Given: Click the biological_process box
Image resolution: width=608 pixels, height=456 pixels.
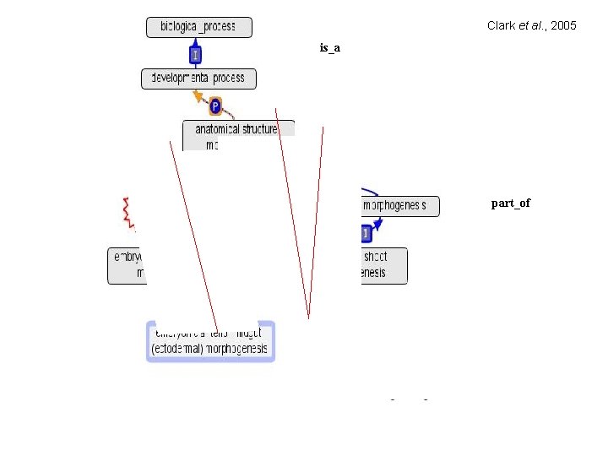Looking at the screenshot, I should tap(198, 27).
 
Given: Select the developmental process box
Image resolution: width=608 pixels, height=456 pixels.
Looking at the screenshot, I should tap(198, 79).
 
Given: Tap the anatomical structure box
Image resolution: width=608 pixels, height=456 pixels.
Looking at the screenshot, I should tap(239, 135).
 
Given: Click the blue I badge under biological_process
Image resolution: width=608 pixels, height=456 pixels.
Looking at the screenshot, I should tap(195, 55).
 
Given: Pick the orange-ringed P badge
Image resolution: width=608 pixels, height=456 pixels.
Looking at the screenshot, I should tap(215, 106).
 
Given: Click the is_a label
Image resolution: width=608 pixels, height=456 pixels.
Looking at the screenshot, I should tap(329, 48).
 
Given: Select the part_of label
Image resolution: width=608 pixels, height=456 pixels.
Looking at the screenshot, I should tap(511, 204).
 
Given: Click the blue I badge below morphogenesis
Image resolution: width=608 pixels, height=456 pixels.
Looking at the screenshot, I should tap(366, 232).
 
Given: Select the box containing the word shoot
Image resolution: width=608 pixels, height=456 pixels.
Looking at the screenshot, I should tap(383, 265).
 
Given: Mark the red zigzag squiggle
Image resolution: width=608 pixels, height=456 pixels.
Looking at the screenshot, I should tap(128, 213).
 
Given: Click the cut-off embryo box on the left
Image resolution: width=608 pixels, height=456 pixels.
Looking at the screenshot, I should tap(127, 265).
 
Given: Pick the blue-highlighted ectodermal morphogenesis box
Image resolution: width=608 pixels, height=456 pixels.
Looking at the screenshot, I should tap(210, 341).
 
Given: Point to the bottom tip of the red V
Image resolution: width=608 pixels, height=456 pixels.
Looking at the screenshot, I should tap(309, 317).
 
